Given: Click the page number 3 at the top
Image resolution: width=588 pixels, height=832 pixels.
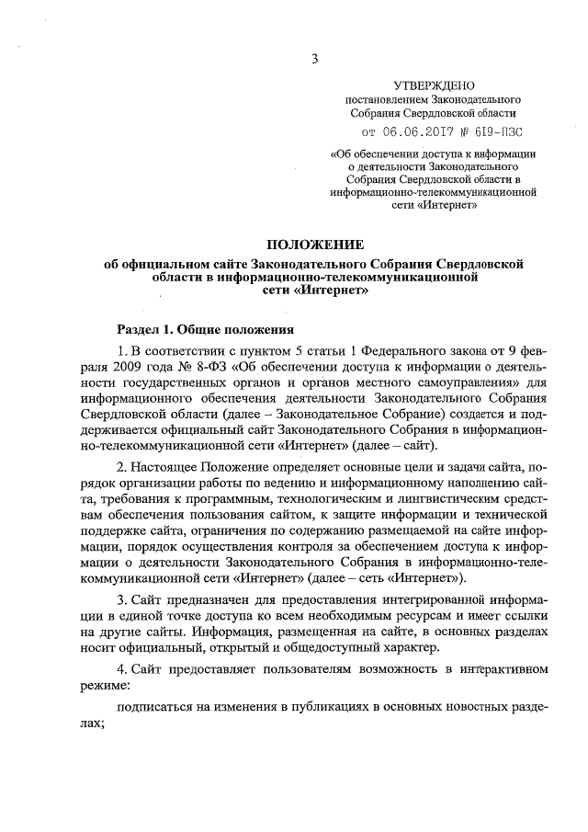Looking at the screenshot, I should pos(314,61).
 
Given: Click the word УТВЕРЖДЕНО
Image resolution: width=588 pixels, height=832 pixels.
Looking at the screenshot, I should pos(433,84).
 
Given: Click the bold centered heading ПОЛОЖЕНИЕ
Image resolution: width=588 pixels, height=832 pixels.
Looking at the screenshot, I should pos(315,244).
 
